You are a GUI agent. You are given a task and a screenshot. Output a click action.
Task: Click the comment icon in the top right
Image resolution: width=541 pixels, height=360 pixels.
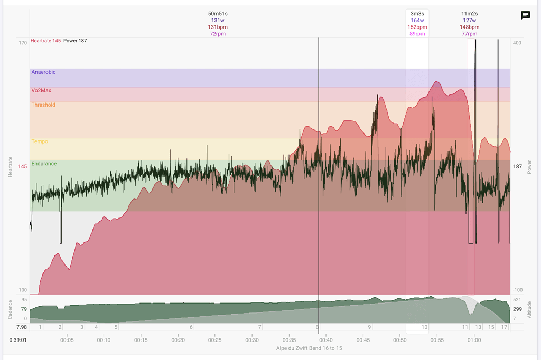pyautogui.click(x=525, y=15)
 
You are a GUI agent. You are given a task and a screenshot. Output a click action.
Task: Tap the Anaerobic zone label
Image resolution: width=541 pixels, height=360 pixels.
pyautogui.click(x=43, y=72)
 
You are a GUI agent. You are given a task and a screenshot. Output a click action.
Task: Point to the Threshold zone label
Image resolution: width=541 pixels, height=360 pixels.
pyautogui.click(x=43, y=105)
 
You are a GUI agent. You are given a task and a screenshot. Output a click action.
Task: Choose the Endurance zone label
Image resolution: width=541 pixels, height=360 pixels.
pyautogui.click(x=44, y=164)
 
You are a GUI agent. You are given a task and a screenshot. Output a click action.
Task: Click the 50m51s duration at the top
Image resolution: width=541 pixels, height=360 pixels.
pyautogui.click(x=218, y=14)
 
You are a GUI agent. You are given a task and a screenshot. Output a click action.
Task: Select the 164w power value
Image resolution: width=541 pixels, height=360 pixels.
pyautogui.click(x=417, y=21)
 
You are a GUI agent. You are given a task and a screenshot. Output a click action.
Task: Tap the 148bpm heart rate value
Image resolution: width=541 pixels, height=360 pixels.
pyautogui.click(x=469, y=27)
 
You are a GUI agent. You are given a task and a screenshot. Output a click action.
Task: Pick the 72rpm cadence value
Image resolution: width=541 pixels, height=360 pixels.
pyautogui.click(x=218, y=34)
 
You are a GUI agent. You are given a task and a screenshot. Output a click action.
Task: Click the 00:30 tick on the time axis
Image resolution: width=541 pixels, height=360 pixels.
pyautogui.click(x=252, y=340)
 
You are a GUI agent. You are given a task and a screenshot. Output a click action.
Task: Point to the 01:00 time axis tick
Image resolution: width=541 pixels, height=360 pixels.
pyautogui.click(x=474, y=340)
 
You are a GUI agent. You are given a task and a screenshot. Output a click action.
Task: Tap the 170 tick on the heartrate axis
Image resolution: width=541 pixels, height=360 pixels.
pyautogui.click(x=23, y=43)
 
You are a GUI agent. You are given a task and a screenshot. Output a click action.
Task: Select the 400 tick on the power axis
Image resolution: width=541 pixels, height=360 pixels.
pyautogui.click(x=517, y=43)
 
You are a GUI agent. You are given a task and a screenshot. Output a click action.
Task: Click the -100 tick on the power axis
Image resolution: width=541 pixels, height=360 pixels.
pyautogui.click(x=517, y=290)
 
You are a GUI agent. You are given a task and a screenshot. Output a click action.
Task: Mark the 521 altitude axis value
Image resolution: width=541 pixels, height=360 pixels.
pyautogui.click(x=517, y=300)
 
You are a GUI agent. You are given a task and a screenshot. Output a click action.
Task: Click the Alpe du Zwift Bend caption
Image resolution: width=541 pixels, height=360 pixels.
pyautogui.click(x=309, y=348)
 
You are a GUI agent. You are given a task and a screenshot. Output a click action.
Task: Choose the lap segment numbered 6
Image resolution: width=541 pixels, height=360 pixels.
pyautogui.click(x=191, y=327)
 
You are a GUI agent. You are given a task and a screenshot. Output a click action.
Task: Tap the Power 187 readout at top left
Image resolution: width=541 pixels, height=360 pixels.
pyautogui.click(x=75, y=41)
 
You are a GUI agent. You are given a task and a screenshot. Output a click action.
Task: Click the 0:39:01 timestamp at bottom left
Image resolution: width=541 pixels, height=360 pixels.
pyautogui.click(x=18, y=340)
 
